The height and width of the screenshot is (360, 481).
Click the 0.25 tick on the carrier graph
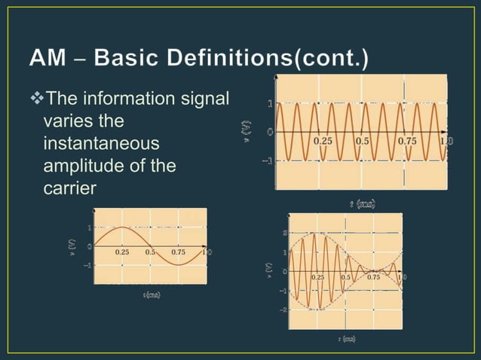coord(323,141)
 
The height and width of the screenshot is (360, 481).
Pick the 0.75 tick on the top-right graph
coord(407,141)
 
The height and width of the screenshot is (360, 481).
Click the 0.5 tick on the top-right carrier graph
coord(362,141)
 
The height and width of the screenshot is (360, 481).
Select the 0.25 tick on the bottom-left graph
coord(123,252)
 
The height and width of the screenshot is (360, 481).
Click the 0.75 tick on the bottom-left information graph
coord(179,252)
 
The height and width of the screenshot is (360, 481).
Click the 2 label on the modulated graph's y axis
coord(284,233)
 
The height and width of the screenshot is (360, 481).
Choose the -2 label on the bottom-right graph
coord(283,310)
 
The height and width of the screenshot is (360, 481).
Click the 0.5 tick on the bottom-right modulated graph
coord(347,277)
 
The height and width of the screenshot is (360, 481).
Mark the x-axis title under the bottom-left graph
coord(150,294)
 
